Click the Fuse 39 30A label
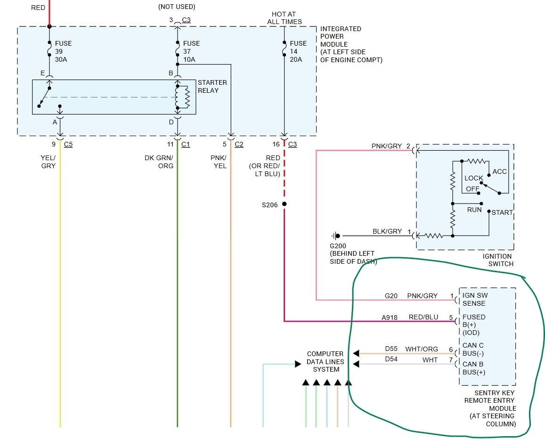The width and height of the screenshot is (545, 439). pos(63,51)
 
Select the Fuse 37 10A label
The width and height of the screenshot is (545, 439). pos(191,51)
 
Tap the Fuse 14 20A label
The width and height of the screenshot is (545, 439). pos(298,51)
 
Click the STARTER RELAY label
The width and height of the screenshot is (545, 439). pos(212,87)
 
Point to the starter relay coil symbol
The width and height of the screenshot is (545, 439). pos(182,97)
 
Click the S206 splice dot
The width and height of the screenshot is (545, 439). pos(285,204)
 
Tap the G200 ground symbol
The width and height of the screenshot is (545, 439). pos(336,236)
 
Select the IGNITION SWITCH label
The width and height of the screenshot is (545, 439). pos(498,260)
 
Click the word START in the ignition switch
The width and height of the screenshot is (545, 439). pos(502,212)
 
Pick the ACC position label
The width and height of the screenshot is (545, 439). pos(499,171)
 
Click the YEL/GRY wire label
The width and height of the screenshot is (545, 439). pos(48,162)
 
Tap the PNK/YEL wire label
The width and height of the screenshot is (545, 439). pos(219,162)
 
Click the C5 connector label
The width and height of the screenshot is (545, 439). pos(68,144)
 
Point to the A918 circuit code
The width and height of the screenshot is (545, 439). pos(389,317)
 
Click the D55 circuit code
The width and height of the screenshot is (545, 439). pos(391,349)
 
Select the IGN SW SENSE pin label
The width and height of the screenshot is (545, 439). pos(475,299)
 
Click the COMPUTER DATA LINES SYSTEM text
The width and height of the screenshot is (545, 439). pos(325,361)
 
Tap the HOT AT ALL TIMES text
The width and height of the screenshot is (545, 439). pos(285,18)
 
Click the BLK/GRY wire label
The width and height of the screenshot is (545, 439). pos(387,231)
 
